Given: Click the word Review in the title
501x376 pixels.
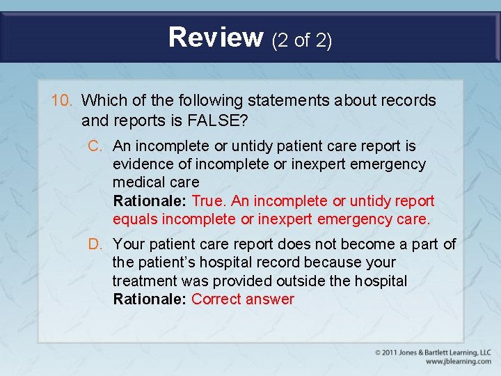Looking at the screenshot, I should click(215, 37).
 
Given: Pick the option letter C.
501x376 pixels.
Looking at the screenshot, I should click(95, 146).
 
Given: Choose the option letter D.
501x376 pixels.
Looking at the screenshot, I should click(95, 244).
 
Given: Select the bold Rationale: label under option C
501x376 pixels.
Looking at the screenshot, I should click(150, 201).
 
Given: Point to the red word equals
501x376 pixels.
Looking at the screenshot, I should click(135, 219).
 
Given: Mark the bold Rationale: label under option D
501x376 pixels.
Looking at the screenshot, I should click(150, 299).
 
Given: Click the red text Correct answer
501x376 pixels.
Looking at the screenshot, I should click(243, 299).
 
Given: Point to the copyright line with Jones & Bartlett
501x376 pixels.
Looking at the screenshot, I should click(433, 353).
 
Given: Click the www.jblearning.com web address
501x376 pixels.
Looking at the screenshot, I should click(458, 362).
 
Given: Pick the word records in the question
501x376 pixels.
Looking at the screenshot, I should click(411, 100).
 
